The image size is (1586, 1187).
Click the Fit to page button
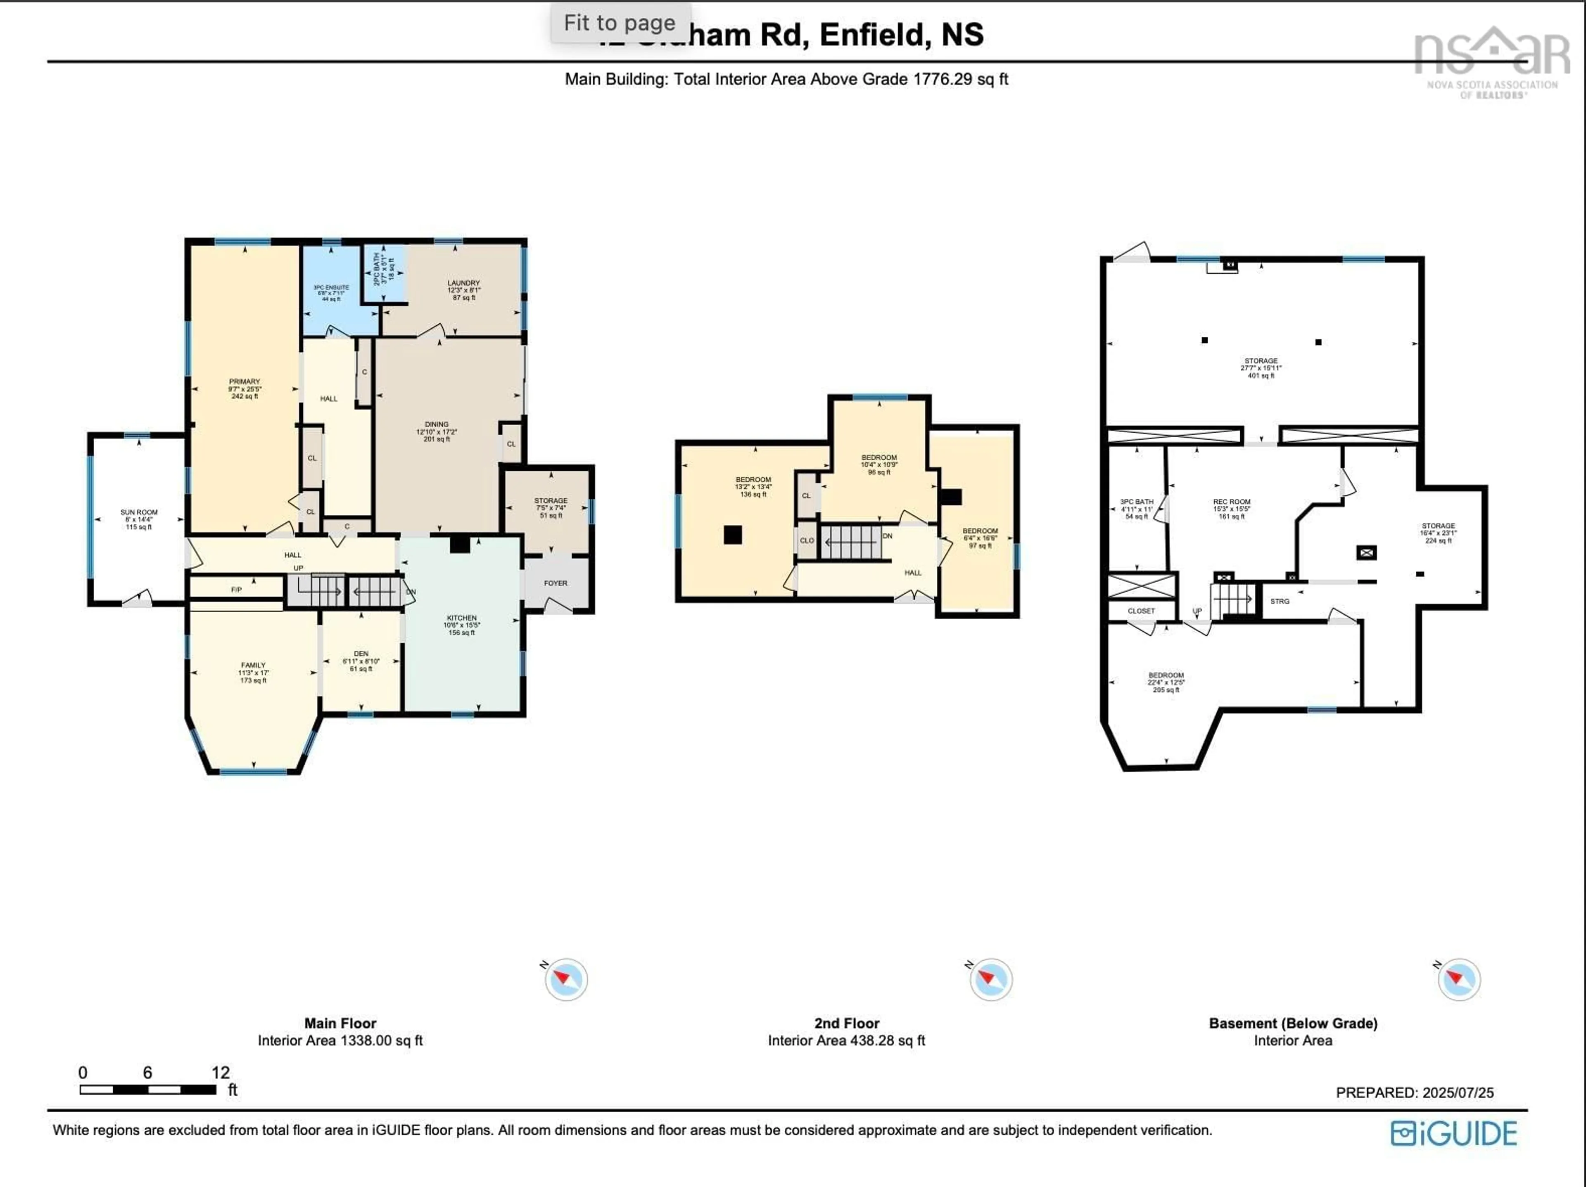[x=620, y=23]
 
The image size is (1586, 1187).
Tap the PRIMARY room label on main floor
[x=245, y=382]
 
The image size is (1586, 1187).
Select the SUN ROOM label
[x=139, y=512]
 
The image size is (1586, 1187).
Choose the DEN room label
[x=361, y=654]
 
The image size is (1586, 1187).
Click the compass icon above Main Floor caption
[x=566, y=979]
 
